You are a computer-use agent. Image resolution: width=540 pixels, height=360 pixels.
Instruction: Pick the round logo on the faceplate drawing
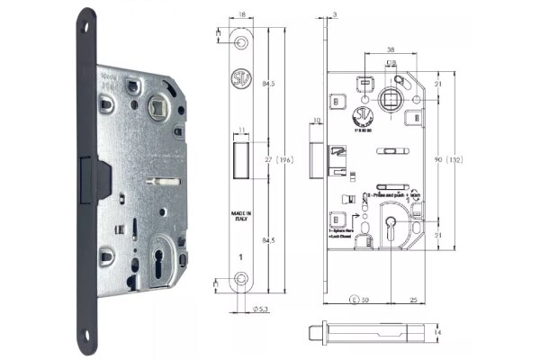[x=241, y=76]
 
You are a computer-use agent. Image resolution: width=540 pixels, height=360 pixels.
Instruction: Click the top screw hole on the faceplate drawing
[x=241, y=44]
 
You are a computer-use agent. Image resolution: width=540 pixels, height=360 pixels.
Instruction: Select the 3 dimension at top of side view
[x=334, y=15]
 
